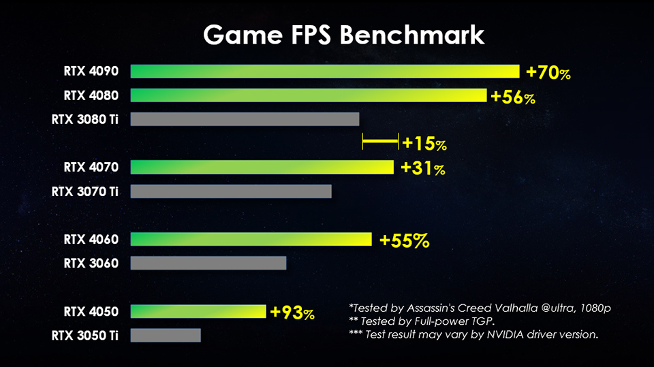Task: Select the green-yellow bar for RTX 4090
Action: [324, 71]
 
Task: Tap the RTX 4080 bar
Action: [308, 95]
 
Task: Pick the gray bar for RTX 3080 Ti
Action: [244, 119]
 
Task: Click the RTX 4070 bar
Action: [262, 167]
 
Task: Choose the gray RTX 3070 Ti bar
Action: [230, 191]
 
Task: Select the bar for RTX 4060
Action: [251, 239]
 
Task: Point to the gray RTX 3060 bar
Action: [208, 263]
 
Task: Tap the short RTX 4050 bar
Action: [198, 311]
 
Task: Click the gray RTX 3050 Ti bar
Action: [165, 335]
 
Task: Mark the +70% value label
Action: [548, 72]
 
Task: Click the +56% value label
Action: [513, 97]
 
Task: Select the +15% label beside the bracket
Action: [424, 144]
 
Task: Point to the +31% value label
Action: [422, 168]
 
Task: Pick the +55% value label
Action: [404, 240]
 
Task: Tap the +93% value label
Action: [292, 313]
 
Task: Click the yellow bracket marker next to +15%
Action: [380, 142]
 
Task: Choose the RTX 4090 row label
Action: [91, 71]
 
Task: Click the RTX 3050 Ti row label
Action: [85, 335]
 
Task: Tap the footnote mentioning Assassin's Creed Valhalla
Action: [480, 308]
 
